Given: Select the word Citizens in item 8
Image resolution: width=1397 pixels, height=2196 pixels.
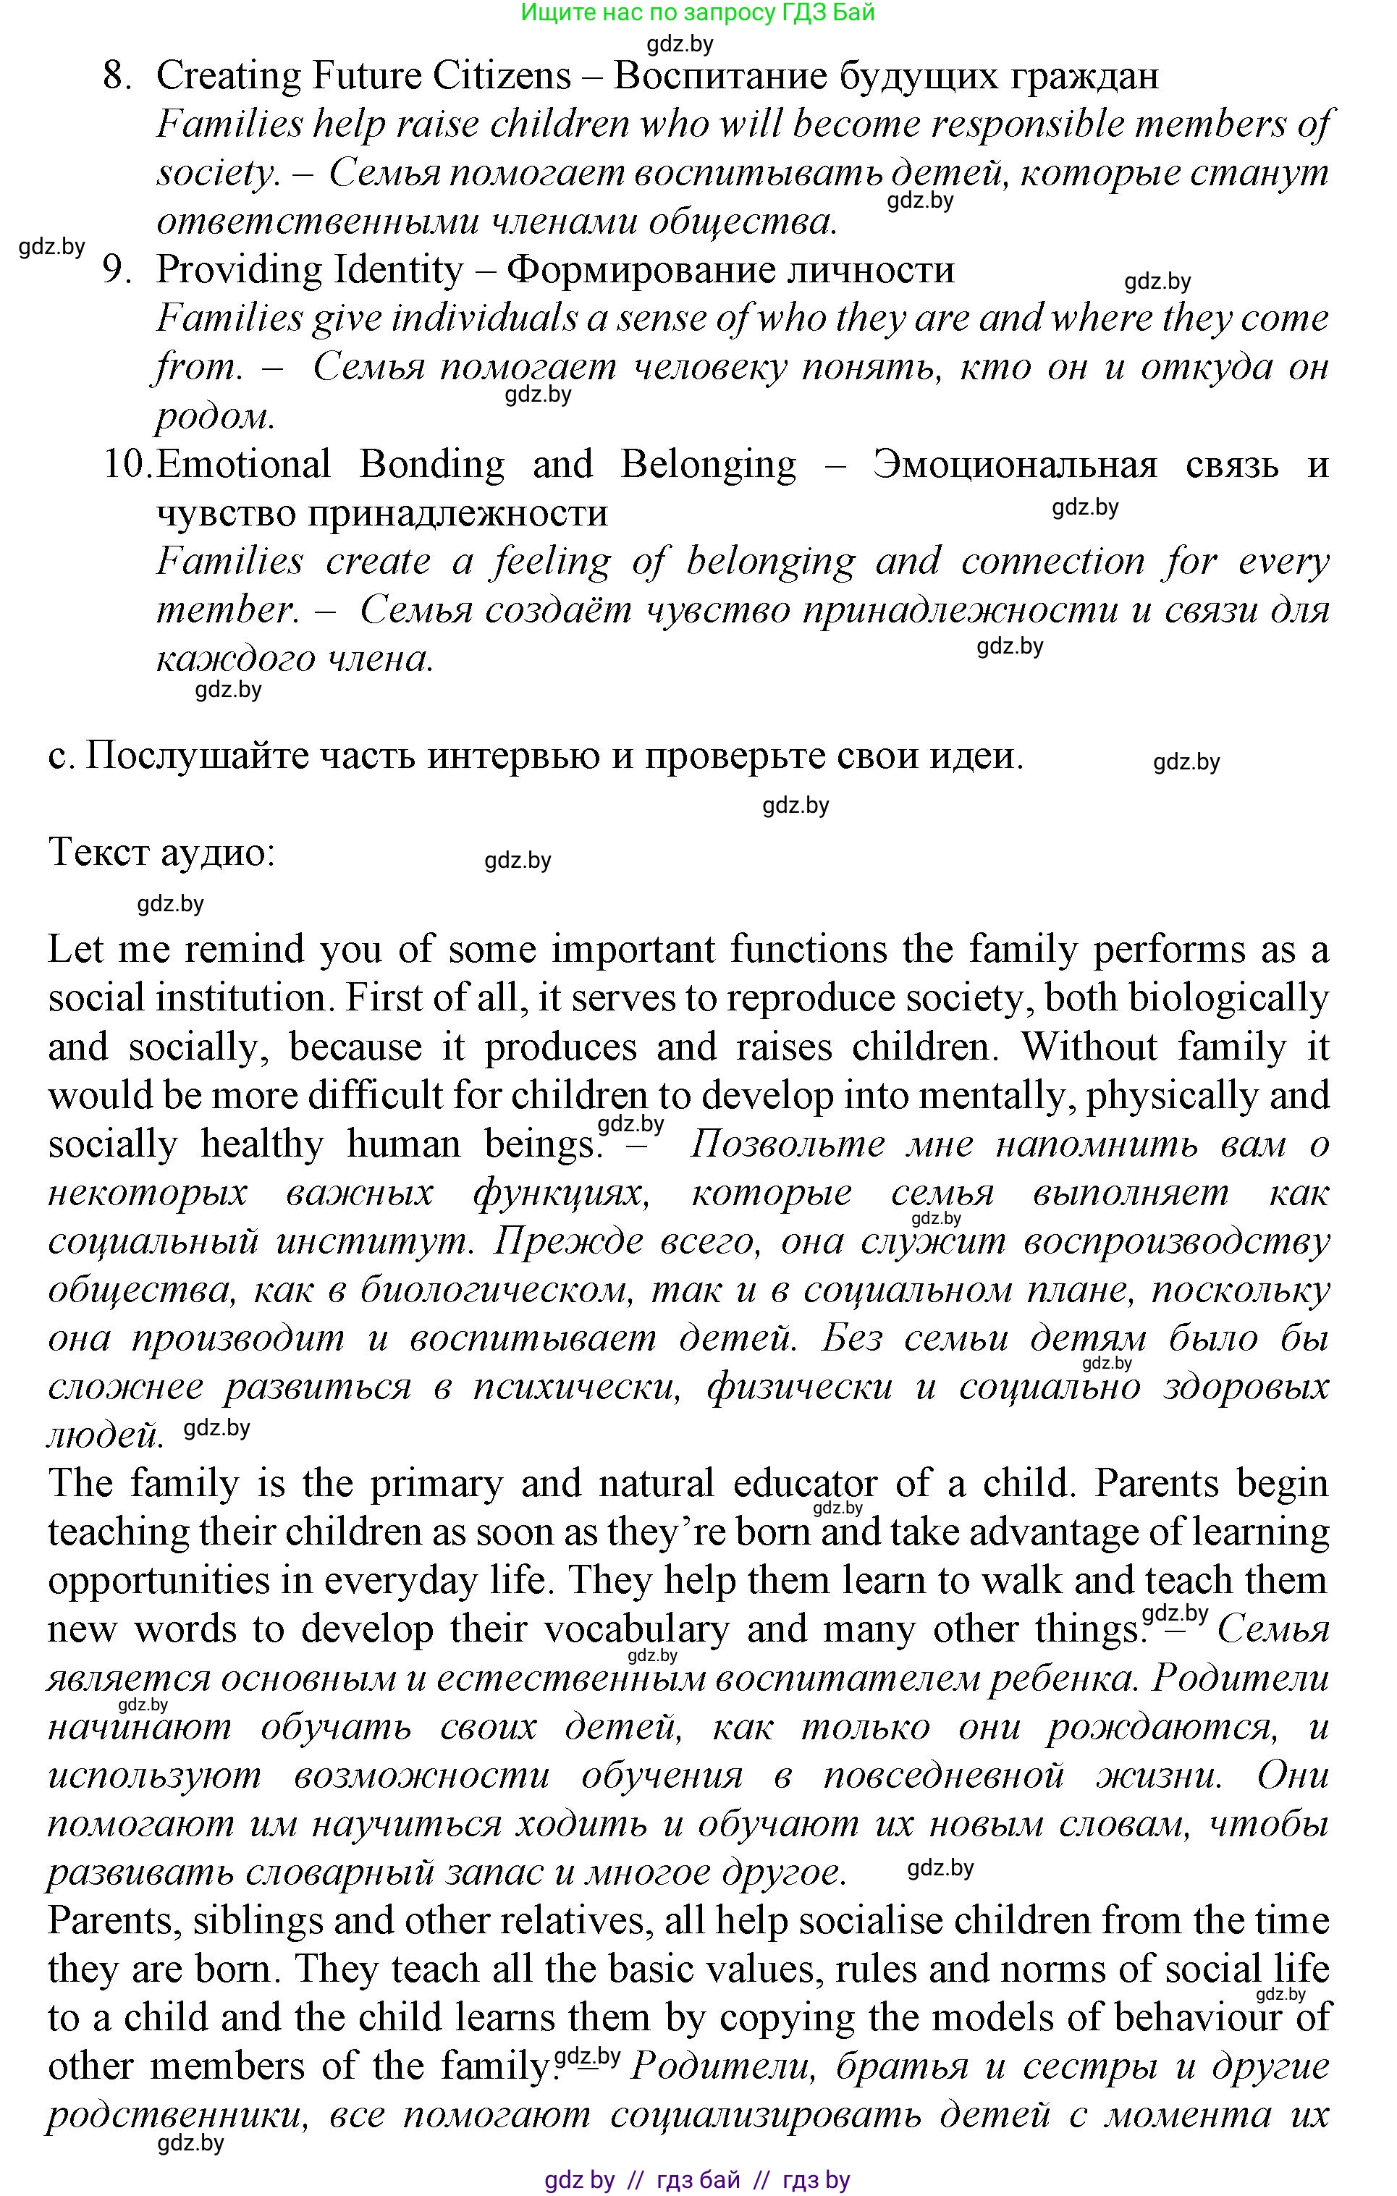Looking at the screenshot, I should (x=502, y=77).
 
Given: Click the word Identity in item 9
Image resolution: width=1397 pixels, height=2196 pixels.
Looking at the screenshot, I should (x=400, y=271).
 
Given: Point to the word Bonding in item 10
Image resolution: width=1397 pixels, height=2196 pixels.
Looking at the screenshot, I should (x=431, y=465).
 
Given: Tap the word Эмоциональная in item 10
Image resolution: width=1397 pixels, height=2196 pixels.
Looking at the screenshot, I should (x=1014, y=465).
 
